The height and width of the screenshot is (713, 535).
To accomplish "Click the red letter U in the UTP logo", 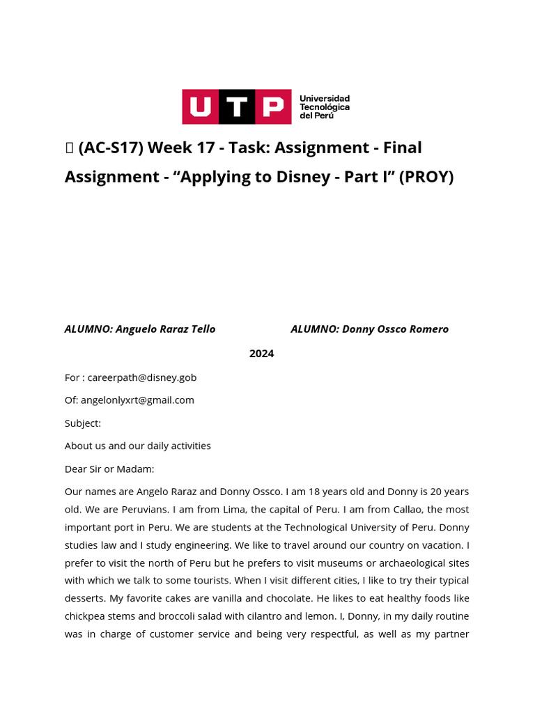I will tap(201, 107).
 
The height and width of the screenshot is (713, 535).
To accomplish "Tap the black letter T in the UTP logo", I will tap(237, 107).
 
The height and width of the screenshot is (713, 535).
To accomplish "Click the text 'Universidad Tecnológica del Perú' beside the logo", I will tap(324, 107).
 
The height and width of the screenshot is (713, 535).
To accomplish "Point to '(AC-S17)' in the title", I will tap(111, 148).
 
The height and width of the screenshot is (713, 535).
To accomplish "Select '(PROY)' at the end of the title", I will tap(426, 177).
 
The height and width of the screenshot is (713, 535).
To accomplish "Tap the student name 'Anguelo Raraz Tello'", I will tap(165, 329).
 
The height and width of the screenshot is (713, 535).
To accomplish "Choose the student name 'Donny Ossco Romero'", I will tap(395, 329).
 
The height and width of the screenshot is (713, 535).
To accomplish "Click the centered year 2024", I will tap(262, 354).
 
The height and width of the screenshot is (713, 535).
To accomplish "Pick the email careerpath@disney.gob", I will tap(142, 377).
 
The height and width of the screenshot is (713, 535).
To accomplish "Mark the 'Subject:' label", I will tap(83, 423).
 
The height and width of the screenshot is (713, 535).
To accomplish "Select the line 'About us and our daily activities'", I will tap(138, 446).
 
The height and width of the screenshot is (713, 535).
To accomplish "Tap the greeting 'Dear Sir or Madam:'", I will tap(109, 469).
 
